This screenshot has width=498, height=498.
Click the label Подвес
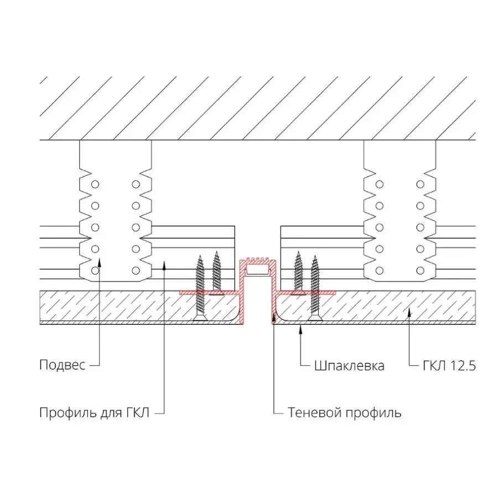(x=62, y=365)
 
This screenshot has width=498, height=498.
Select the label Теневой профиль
(x=344, y=413)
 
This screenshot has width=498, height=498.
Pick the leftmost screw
(x=200, y=288)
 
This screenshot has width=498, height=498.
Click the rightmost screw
(x=315, y=288)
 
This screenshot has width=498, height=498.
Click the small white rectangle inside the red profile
(x=257, y=271)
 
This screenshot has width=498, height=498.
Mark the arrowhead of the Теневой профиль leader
(x=274, y=317)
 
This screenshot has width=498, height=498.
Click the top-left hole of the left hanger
(x=95, y=184)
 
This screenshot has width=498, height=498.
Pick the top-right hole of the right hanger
(x=421, y=184)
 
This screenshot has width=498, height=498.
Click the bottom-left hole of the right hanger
(x=380, y=270)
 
